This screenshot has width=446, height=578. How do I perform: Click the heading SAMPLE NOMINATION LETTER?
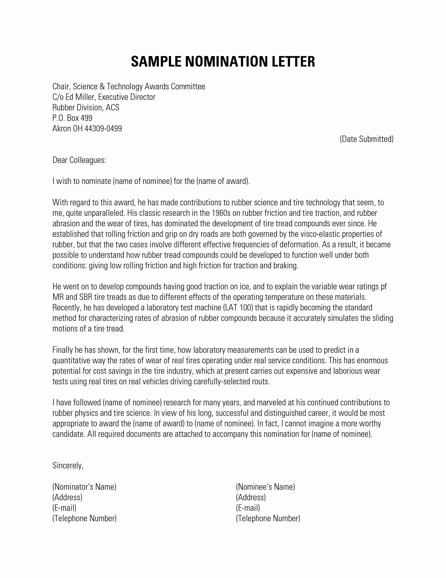[x=223, y=61]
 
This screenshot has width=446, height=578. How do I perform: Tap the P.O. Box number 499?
[x=86, y=118]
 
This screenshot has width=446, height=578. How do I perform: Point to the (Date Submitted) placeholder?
[x=367, y=139]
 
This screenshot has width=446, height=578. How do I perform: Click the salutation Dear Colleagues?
[x=79, y=160]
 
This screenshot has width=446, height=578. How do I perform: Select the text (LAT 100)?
[x=238, y=308]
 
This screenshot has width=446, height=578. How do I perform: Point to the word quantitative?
[x=69, y=360]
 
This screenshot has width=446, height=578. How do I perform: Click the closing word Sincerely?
[x=68, y=466]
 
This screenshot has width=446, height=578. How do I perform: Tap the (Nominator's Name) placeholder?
[x=84, y=487]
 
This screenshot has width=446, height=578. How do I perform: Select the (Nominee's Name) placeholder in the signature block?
[x=266, y=487]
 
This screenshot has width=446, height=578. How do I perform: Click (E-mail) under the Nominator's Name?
[x=64, y=508]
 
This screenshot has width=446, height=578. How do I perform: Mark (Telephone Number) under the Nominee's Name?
[x=268, y=518]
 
